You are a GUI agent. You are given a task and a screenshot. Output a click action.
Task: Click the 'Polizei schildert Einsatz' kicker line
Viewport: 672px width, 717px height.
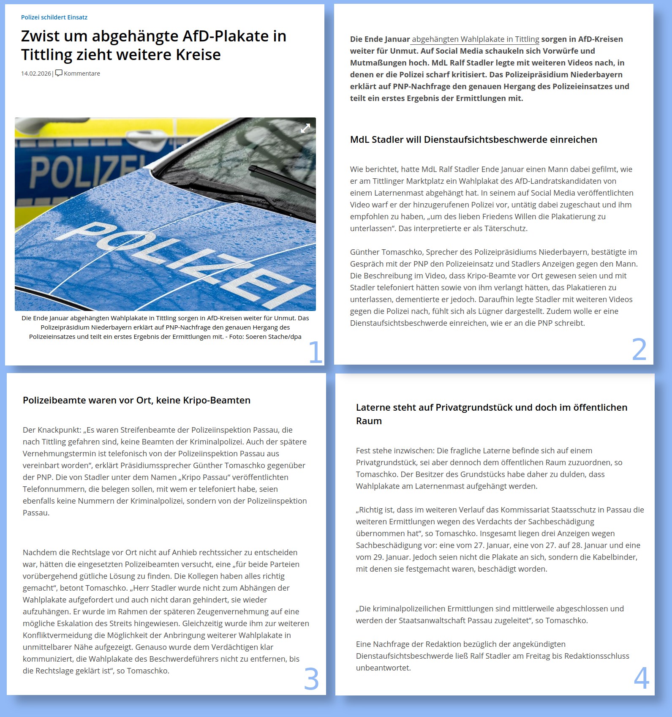tap(54, 17)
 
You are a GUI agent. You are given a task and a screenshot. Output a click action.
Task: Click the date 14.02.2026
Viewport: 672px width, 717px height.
tap(36, 74)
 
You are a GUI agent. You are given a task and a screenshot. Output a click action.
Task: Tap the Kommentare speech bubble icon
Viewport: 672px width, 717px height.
tap(59, 73)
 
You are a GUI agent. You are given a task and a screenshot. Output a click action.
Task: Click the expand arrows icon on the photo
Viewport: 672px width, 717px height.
tap(305, 128)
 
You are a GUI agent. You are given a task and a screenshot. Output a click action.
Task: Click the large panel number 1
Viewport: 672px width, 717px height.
tap(315, 352)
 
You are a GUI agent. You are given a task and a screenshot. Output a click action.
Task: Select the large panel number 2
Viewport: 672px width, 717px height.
tap(639, 350)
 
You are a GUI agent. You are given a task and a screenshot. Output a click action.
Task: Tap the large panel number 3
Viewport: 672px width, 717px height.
tap(311, 679)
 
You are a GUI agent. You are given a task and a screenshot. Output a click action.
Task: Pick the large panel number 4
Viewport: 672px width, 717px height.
tap(641, 679)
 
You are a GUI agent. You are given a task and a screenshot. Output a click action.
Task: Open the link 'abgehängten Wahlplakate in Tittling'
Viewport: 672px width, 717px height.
tap(475, 39)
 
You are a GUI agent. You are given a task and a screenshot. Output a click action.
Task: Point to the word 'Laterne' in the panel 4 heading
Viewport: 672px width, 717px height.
tap(373, 408)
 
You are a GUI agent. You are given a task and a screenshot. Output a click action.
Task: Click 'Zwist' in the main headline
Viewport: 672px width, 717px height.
tap(42, 36)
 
